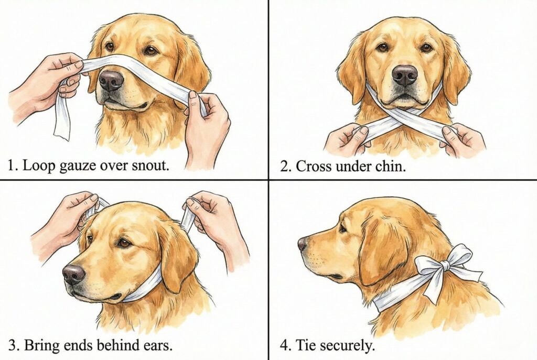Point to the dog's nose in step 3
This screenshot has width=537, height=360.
click(x=73, y=274)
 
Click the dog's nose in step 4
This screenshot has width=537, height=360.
click(x=302, y=244)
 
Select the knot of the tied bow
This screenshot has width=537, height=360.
click(x=445, y=265)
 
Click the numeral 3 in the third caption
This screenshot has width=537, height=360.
click(x=13, y=345)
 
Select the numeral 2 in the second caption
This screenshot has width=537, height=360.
click(x=284, y=167)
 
